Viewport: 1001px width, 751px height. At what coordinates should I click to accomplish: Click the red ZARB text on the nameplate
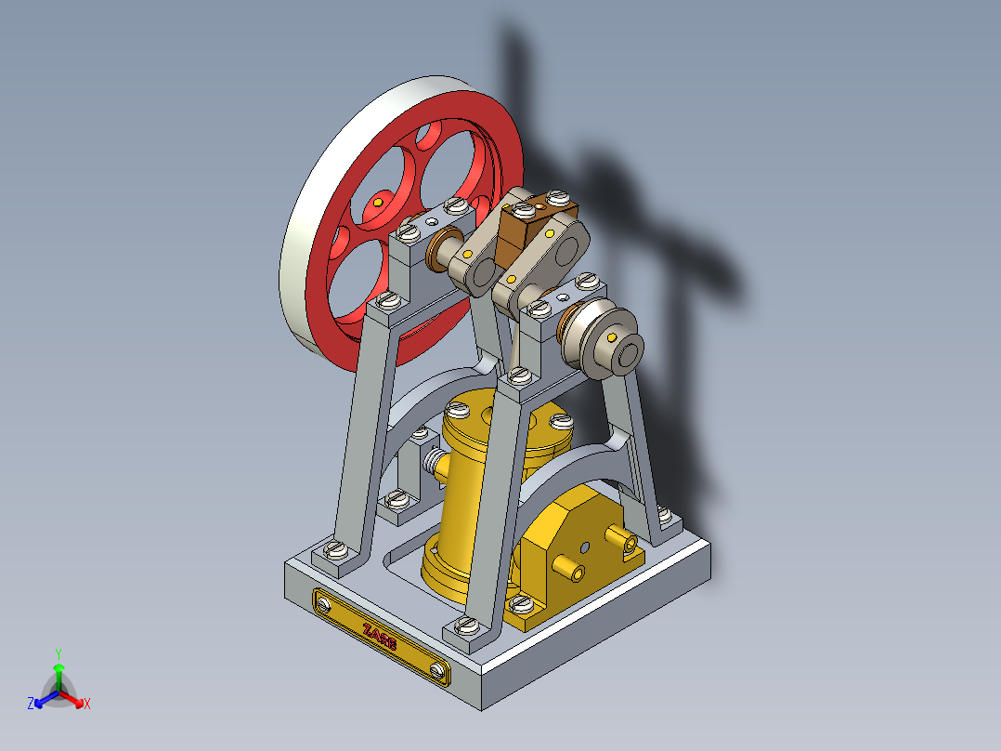click(380, 635)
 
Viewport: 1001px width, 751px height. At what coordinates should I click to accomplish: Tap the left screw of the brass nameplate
click(323, 605)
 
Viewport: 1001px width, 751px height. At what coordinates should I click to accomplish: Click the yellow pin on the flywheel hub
click(378, 200)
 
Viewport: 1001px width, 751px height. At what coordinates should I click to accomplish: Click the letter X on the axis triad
click(87, 705)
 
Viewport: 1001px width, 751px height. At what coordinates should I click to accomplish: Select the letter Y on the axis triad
click(58, 653)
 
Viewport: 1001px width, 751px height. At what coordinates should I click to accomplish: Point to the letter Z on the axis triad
click(31, 704)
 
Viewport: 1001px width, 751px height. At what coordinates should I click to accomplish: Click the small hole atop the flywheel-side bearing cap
click(430, 221)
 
